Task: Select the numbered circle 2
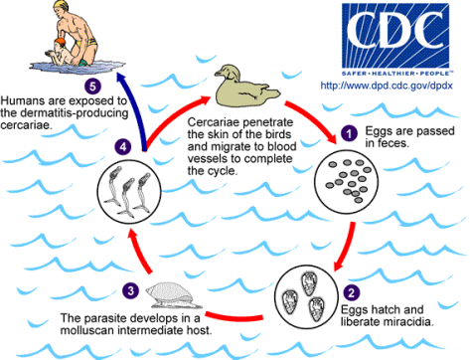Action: (x=352, y=293)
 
